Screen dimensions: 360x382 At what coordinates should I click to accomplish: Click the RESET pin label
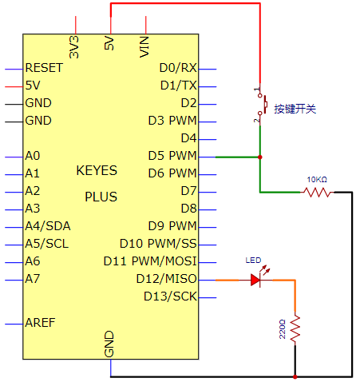(x=44, y=68)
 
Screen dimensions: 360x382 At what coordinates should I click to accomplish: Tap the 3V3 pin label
(x=74, y=47)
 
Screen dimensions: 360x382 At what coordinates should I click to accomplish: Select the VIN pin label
(x=144, y=47)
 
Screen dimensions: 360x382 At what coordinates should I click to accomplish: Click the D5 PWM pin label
(x=172, y=156)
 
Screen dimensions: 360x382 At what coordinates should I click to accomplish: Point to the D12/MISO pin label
(x=166, y=279)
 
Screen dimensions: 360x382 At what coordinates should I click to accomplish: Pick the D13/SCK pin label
(x=170, y=296)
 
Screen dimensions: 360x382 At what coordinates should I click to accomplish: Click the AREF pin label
(x=40, y=323)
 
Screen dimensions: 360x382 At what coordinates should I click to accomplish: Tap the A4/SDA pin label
(x=48, y=226)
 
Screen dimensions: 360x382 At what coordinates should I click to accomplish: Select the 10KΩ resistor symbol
(x=317, y=192)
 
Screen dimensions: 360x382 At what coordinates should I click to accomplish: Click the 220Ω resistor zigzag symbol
(x=295, y=328)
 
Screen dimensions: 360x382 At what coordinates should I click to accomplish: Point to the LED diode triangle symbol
(x=255, y=280)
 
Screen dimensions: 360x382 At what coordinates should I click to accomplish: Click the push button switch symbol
(x=261, y=105)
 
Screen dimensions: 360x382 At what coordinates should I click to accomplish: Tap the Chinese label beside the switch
(x=295, y=109)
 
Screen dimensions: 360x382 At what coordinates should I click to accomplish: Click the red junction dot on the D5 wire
(x=260, y=157)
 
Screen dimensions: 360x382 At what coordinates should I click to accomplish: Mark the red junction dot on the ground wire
(x=295, y=376)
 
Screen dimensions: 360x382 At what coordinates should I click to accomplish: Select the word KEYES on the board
(x=97, y=170)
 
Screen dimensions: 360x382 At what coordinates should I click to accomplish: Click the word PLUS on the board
(x=101, y=197)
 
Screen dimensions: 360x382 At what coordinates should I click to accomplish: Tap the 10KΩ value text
(x=317, y=180)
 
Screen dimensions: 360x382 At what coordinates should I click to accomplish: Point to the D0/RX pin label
(x=178, y=68)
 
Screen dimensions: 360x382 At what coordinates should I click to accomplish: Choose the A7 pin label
(x=33, y=279)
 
